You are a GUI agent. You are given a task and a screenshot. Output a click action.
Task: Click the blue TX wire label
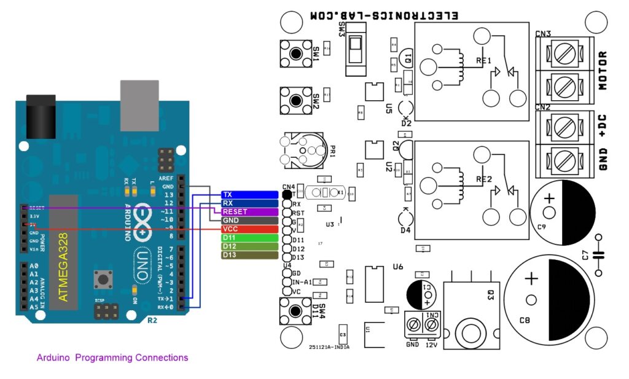click(249, 195)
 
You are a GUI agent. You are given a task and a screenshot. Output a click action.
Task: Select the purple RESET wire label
click(249, 212)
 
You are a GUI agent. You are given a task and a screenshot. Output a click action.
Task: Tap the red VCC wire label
click(249, 229)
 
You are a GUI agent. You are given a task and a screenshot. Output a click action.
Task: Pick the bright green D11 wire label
click(249, 238)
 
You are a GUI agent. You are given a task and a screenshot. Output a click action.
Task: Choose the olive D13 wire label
click(249, 255)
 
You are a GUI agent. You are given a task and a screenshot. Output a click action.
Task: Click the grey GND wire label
click(249, 221)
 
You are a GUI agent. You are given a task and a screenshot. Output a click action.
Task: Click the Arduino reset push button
click(101, 280)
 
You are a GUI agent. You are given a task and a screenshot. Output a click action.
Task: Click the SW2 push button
click(295, 100)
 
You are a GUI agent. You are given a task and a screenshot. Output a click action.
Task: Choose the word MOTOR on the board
click(603, 71)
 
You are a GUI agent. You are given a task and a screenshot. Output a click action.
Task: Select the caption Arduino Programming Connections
click(112, 358)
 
